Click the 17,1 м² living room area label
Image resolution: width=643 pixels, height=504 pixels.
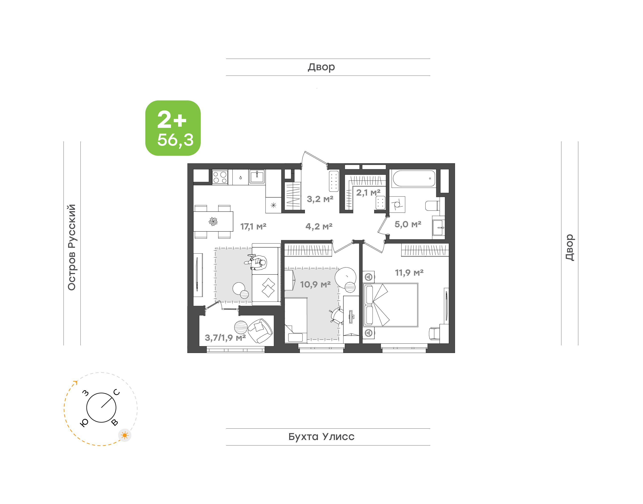point(253,226)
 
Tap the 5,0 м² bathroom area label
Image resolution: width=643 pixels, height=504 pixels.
point(408,224)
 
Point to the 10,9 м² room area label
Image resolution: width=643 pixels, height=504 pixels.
point(315,285)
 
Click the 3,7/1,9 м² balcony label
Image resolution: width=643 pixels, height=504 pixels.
point(225,338)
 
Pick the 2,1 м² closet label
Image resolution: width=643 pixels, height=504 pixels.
point(368,193)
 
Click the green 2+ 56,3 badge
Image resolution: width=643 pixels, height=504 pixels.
point(173,128)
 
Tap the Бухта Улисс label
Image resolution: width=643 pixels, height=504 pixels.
point(321,437)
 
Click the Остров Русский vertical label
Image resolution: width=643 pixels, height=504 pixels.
point(72,247)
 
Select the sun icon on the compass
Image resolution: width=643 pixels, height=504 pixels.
point(125,435)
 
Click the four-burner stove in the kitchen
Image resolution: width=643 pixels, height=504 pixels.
point(220,177)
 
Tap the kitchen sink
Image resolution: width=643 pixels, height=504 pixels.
point(257,177)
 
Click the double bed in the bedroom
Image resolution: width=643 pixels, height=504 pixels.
point(390,305)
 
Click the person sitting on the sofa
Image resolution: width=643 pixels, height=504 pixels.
point(256,262)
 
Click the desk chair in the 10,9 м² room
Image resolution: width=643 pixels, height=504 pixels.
point(337,315)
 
